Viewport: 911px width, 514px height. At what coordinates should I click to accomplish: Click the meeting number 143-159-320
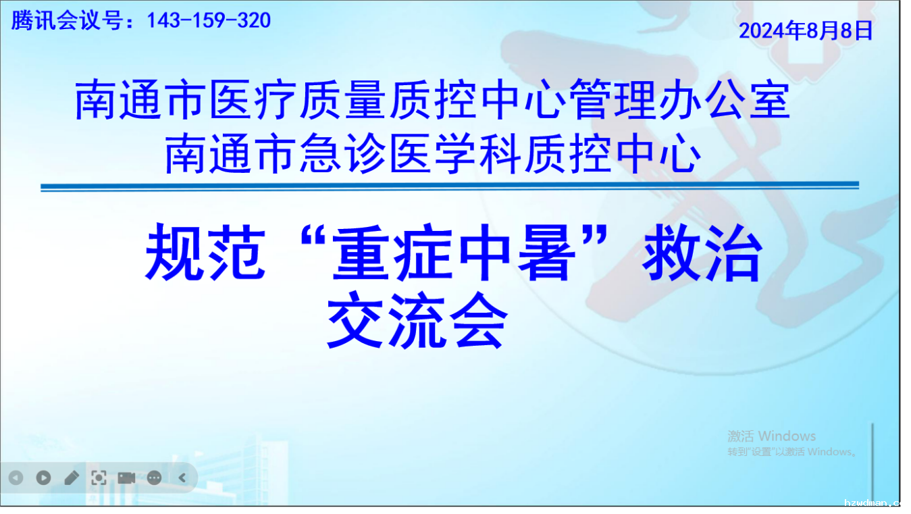(x=209, y=20)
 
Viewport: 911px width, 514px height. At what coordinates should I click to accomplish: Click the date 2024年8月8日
(x=806, y=30)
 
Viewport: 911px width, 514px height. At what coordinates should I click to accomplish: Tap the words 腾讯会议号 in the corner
(x=67, y=20)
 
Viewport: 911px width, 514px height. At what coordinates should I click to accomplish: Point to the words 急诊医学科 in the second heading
(x=411, y=154)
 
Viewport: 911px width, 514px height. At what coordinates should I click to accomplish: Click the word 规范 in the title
(x=205, y=252)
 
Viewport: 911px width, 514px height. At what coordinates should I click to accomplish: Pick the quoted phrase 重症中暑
(x=454, y=252)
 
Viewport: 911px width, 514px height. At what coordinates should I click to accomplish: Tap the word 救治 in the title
(x=702, y=252)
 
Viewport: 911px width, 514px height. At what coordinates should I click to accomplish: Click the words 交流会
(x=417, y=320)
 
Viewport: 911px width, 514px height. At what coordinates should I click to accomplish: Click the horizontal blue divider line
(x=450, y=186)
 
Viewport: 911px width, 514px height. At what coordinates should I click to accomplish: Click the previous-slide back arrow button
(x=16, y=478)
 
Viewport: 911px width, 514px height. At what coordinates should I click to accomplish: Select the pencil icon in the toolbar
(x=72, y=478)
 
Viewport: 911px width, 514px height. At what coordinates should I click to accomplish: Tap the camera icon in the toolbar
(x=126, y=478)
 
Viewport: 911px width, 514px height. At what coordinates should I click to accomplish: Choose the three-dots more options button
(x=154, y=478)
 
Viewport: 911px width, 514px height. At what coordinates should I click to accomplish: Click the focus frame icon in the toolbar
(x=99, y=478)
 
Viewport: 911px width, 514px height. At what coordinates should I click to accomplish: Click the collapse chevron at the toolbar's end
(x=182, y=478)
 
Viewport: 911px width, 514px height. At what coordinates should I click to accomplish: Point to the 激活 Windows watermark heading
(x=771, y=436)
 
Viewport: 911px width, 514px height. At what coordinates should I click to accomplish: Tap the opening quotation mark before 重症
(x=313, y=236)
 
